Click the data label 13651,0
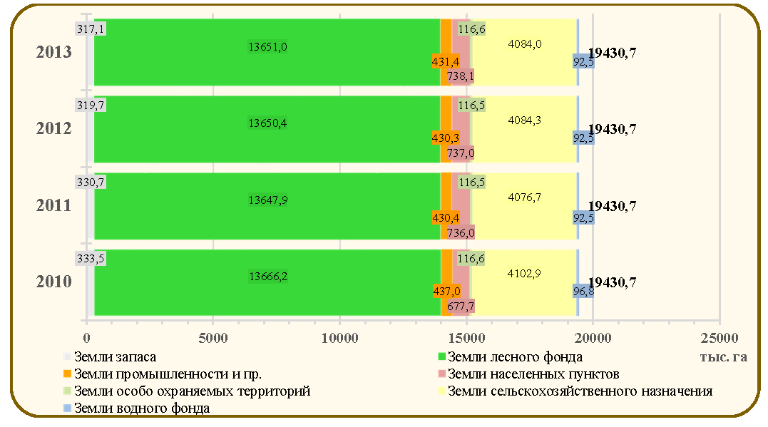(267, 47)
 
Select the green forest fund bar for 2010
(267, 282)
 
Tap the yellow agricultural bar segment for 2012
(524, 129)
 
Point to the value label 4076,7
(524, 197)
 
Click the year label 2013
(54, 52)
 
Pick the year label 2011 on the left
(54, 205)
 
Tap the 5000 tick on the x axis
(213, 338)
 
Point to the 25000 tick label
(719, 338)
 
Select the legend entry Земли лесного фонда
(510, 357)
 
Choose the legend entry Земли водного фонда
(137, 408)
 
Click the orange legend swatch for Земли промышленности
(68, 374)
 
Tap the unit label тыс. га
(723, 356)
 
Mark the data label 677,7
(461, 307)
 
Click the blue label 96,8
(583, 292)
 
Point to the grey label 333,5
(91, 259)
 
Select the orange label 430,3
(446, 138)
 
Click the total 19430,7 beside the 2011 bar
(613, 206)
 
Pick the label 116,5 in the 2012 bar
(471, 106)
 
